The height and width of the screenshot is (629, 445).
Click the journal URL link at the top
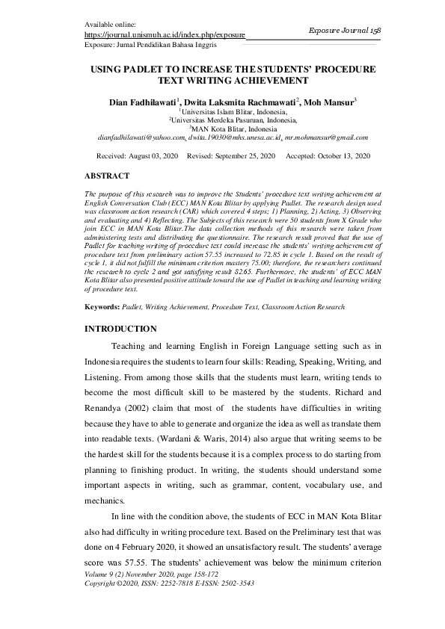point(165,34)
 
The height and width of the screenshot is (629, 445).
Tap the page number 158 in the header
point(375,29)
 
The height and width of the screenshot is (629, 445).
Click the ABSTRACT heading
point(107,176)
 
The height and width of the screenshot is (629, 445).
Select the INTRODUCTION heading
point(120,329)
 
